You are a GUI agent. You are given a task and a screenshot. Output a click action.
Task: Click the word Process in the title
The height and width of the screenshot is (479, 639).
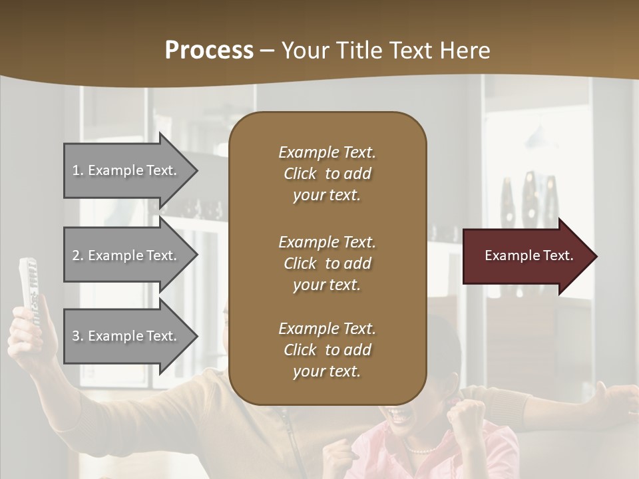click(x=209, y=50)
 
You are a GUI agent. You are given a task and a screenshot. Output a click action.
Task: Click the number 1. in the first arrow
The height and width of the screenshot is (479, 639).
click(x=78, y=170)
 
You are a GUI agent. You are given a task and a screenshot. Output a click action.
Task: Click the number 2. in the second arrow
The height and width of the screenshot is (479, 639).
click(x=78, y=255)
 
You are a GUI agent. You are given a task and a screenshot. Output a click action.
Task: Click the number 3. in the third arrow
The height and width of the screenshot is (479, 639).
click(x=78, y=336)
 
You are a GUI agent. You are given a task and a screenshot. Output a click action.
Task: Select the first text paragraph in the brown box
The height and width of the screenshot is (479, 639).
click(x=327, y=174)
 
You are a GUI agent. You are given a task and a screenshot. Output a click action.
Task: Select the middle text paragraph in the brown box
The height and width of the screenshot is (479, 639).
click(x=327, y=263)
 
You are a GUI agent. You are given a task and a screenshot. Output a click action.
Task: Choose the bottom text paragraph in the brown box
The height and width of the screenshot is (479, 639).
click(x=327, y=350)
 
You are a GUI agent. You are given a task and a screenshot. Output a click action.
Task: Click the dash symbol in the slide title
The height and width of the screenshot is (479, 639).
click(x=267, y=51)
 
